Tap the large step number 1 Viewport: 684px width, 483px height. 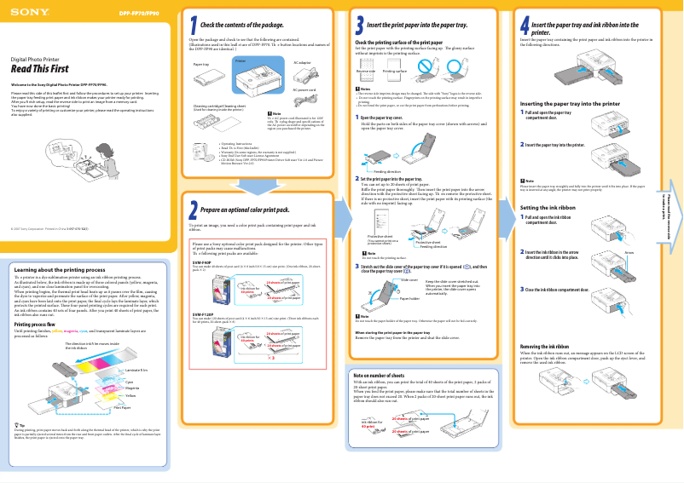point(194,26)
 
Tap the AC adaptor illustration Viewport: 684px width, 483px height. point(304,75)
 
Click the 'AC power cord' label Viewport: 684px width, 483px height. point(304,89)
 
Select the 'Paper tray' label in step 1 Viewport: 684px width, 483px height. point(201,64)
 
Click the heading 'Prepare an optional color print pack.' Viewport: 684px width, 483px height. point(245,209)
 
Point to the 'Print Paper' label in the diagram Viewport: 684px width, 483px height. point(123,408)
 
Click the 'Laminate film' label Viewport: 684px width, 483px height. point(136,371)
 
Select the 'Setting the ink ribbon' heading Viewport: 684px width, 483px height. point(549,207)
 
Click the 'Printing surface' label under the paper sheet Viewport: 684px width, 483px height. point(395,72)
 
